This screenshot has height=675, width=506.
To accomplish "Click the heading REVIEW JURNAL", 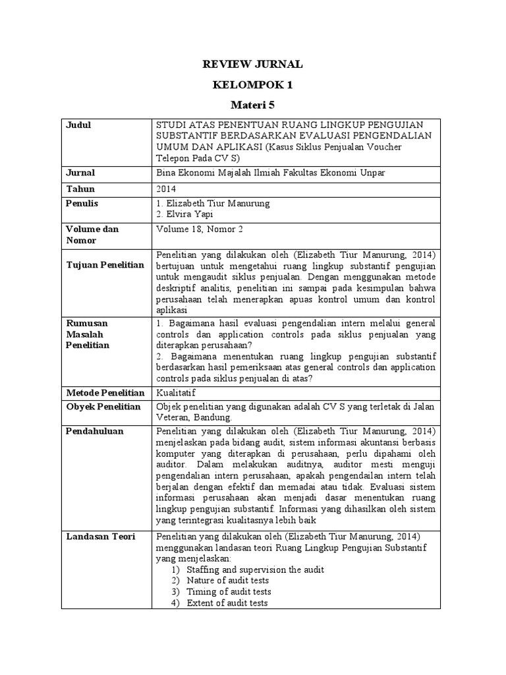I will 252,64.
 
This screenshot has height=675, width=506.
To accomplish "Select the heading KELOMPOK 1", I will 252,85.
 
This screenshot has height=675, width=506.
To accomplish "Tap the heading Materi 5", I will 252,105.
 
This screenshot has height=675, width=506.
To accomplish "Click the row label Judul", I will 78,125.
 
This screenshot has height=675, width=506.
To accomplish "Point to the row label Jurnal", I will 81,173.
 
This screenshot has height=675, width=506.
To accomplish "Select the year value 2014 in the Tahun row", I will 167,189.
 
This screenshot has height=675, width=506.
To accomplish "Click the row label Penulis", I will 82,204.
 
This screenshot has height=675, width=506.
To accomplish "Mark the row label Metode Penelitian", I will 105,392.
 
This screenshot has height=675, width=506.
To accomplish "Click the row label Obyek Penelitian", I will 103,407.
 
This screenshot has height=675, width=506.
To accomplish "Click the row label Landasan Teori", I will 101,537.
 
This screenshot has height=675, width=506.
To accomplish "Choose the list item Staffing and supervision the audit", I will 255,570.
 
